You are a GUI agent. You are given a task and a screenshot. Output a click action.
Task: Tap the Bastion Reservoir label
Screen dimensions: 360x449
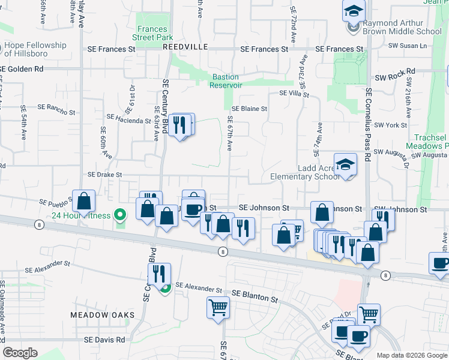[225, 81]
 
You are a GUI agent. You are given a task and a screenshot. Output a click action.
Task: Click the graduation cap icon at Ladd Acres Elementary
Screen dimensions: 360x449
[346, 166]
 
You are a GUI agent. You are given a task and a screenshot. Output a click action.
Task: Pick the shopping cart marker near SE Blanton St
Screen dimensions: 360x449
[217, 308]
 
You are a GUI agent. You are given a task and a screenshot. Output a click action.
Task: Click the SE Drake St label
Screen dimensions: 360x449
[105, 175]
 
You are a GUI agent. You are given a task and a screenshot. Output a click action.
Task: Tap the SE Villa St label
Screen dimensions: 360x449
[294, 94]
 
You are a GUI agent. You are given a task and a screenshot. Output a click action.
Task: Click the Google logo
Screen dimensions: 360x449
[20, 353]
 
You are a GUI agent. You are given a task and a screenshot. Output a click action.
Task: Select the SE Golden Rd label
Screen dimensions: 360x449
[23, 69]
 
